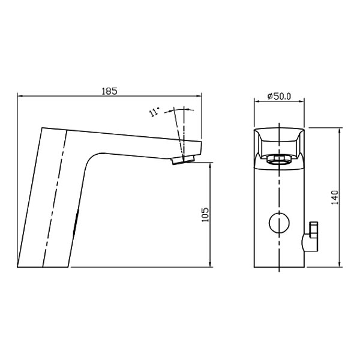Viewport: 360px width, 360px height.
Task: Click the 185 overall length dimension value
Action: [109, 91]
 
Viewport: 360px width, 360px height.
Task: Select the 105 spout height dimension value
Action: [205, 214]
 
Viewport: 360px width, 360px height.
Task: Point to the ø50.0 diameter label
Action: [279, 96]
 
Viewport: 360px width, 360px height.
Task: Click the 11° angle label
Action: [155, 112]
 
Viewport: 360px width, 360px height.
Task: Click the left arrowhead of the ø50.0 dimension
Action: [258, 103]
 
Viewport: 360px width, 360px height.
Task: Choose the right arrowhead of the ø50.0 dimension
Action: [302, 103]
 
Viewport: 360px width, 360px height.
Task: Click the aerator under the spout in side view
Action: [184, 160]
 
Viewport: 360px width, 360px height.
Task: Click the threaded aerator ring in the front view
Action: [280, 159]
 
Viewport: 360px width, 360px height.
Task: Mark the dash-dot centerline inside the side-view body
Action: [53, 198]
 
